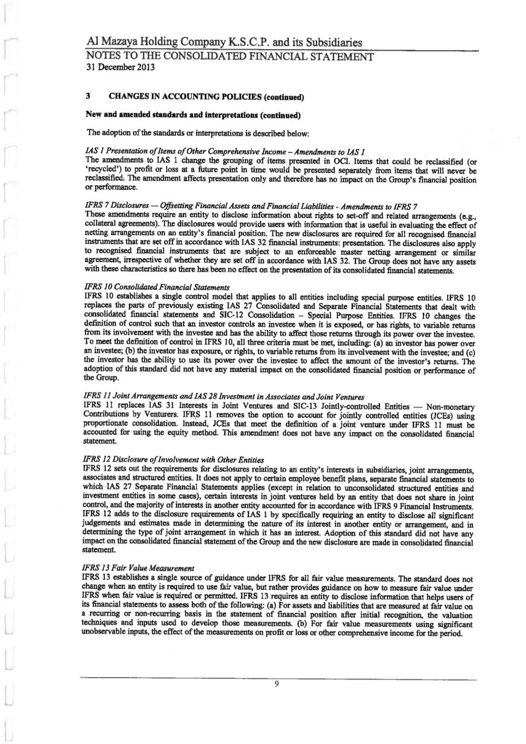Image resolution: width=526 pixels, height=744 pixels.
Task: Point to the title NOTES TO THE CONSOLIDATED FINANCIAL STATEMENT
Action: tap(230, 56)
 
